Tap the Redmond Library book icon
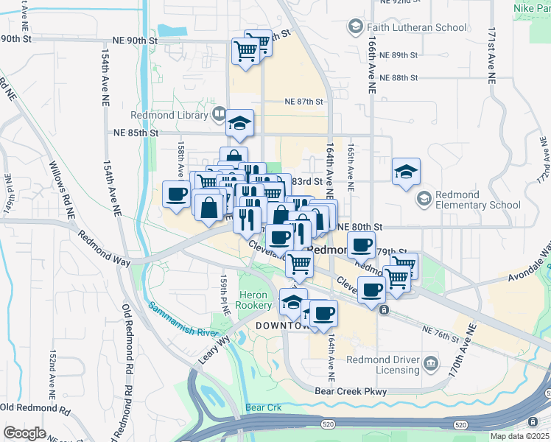point(219,114)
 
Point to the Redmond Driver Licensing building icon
point(432,363)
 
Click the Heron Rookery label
point(256,300)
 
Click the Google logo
point(24,433)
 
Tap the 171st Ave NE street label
point(491,55)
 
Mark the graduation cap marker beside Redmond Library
point(239,123)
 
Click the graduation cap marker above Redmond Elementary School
point(406,172)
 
